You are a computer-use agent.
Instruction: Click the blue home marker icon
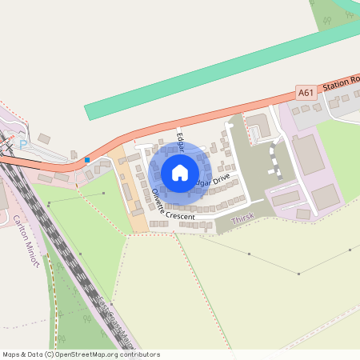(x=180, y=173)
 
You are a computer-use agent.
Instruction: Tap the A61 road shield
(x=306, y=93)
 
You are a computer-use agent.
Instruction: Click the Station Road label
(x=341, y=86)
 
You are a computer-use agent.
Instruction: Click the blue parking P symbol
(x=23, y=145)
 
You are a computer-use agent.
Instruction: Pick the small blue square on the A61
(x=86, y=160)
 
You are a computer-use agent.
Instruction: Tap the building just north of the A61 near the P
(x=43, y=139)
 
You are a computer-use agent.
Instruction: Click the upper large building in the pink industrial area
(x=308, y=154)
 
